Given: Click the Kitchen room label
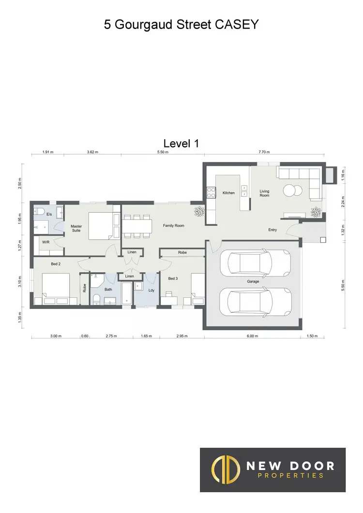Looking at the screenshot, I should (228, 193).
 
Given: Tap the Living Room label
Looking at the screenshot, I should (264, 193).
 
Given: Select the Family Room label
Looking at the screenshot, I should (173, 226).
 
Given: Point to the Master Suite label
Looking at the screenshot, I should (76, 228).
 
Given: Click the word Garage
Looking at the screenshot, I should (253, 281).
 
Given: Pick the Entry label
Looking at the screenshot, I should (273, 230).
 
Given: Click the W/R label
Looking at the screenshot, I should (45, 242).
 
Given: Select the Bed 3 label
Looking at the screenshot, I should (173, 279).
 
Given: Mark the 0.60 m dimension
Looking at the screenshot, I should (85, 336).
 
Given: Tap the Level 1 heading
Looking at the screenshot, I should (181, 143).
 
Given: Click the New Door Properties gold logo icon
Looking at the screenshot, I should (226, 469).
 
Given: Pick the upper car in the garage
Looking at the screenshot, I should (255, 263).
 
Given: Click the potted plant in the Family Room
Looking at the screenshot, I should (198, 211).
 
